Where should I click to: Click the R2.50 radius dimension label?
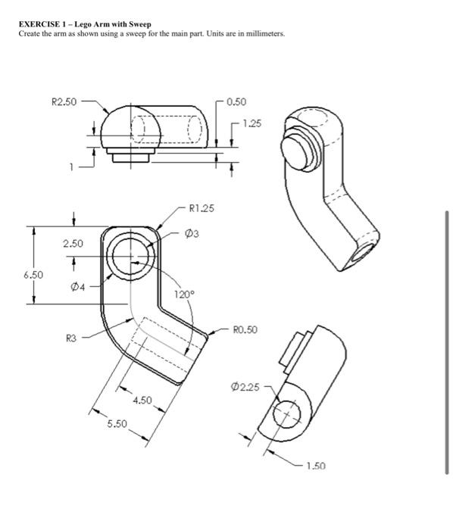(63, 101)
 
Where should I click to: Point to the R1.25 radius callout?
(202, 207)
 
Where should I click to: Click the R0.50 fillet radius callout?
(246, 329)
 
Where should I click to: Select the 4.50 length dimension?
(143, 399)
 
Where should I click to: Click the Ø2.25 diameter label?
(245, 388)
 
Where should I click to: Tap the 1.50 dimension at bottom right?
(316, 466)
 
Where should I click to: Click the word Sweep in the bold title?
(138, 25)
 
